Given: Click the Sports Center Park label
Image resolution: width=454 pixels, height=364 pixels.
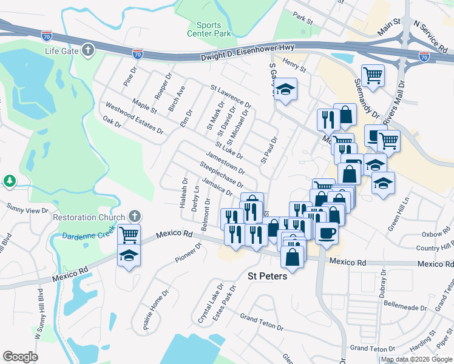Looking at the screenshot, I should [x=214, y=29].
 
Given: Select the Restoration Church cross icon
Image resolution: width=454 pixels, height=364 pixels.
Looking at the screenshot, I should [x=135, y=217].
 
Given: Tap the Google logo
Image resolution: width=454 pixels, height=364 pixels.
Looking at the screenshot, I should [x=21, y=356].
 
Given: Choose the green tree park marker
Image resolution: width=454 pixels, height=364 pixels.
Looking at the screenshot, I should [x=9, y=181].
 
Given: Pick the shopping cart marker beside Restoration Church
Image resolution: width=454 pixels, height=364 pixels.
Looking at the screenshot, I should [x=128, y=234].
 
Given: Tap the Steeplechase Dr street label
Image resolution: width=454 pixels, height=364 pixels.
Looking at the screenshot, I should [x=222, y=175].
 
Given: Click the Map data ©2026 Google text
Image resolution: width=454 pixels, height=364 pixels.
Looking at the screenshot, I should [x=416, y=359].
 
